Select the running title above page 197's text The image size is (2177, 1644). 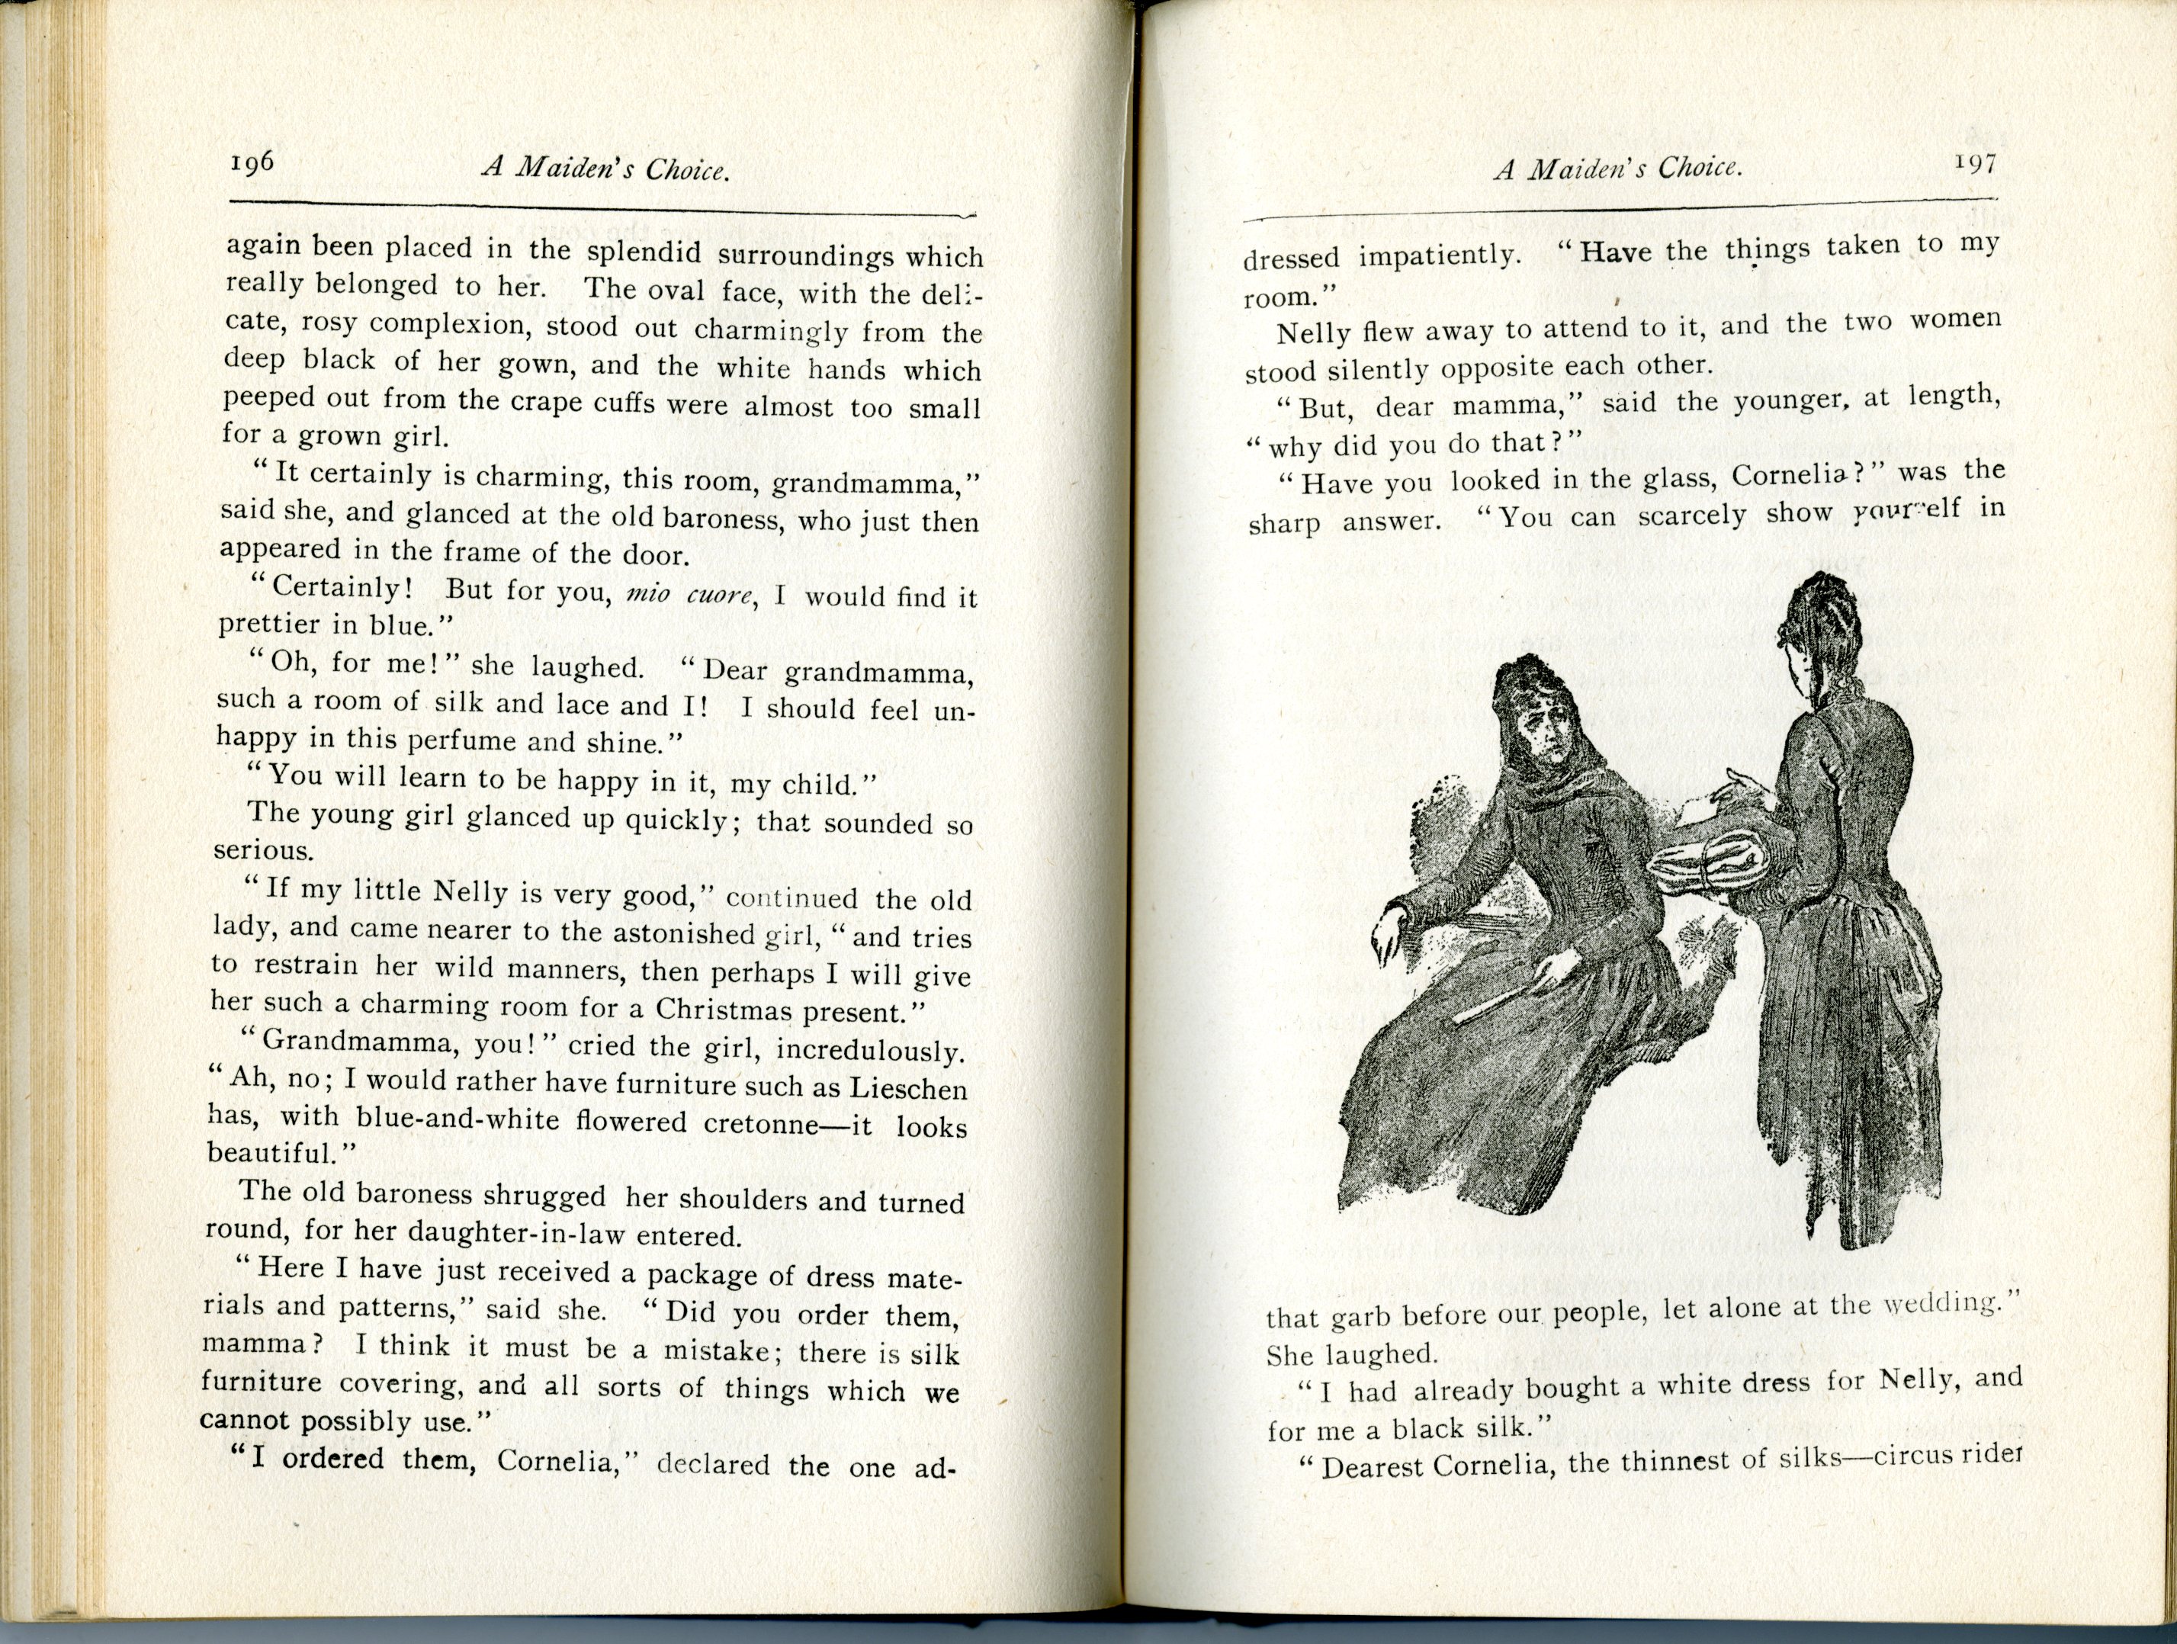[1618, 169]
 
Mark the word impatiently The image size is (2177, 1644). [1439, 255]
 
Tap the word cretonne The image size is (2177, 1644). [761, 1123]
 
